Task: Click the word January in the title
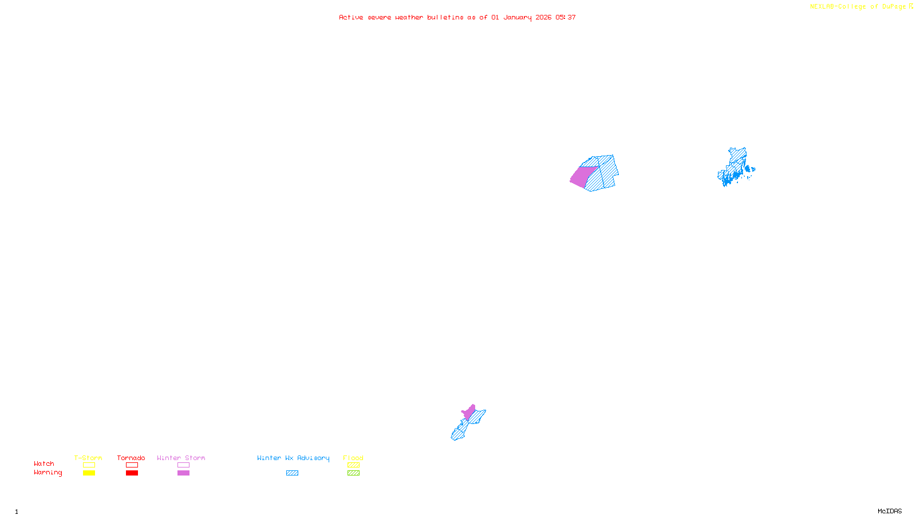[x=518, y=17]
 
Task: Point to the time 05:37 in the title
[x=566, y=17]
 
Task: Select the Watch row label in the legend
[x=44, y=463]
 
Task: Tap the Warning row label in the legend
[x=48, y=473]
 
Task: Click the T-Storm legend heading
[x=88, y=458]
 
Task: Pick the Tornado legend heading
[x=131, y=458]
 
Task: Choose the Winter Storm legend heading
[x=181, y=458]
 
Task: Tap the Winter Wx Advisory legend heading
[x=293, y=458]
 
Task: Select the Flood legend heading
[x=353, y=458]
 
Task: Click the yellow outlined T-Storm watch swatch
[x=89, y=465]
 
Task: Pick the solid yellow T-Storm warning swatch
[x=89, y=473]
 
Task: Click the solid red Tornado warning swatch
[x=132, y=473]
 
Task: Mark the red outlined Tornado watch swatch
[x=132, y=465]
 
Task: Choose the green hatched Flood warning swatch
[x=353, y=473]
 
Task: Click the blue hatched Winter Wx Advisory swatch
[x=292, y=473]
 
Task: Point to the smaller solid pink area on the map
[x=469, y=412]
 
